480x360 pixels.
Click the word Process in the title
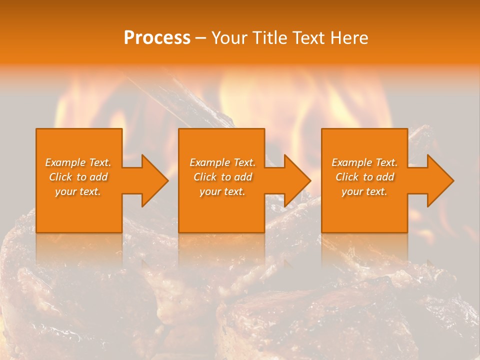tap(157, 38)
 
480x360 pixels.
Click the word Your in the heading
tap(229, 38)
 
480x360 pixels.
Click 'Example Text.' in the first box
tap(78, 162)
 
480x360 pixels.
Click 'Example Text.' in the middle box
tap(222, 162)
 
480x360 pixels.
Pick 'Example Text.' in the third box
tap(364, 162)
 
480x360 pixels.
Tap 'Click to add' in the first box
tap(78, 177)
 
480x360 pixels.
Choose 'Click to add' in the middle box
tap(222, 177)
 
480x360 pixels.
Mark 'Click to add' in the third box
tap(364, 177)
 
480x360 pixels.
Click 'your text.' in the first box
tap(78, 191)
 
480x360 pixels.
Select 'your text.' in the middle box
tap(222, 191)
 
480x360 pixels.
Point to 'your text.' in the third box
tap(364, 191)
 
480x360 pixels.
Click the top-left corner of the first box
tap(36, 129)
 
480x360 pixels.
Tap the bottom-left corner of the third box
tap(322, 232)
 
